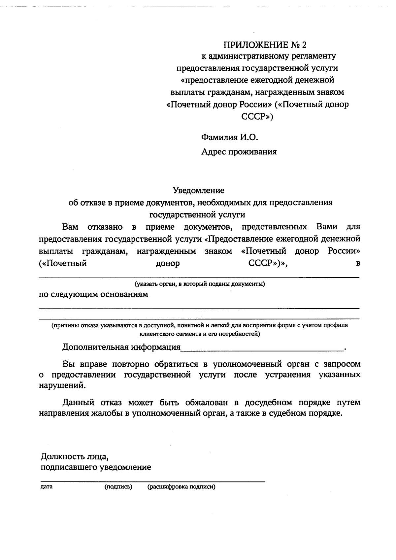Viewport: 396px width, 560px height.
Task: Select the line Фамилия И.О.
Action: coord(229,137)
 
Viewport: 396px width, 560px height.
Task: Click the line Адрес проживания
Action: coord(239,152)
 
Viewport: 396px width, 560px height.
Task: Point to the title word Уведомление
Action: coord(199,190)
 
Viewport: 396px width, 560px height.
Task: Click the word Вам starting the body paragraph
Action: coord(70,227)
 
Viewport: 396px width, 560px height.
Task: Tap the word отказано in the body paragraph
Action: coord(105,227)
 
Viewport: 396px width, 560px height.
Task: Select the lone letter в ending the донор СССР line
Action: coord(357,264)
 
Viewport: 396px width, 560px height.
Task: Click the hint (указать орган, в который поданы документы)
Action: coord(199,284)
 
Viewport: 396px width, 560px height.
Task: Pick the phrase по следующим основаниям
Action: coord(93,294)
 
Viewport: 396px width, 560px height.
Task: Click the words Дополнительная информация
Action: coord(121,347)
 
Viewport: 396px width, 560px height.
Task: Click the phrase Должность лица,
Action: coord(75,457)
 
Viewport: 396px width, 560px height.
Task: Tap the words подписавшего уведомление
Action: coord(96,467)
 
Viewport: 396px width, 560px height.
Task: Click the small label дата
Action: coord(47,487)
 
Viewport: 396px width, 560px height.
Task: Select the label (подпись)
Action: coord(118,487)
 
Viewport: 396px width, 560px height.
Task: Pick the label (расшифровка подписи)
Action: coord(181,487)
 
